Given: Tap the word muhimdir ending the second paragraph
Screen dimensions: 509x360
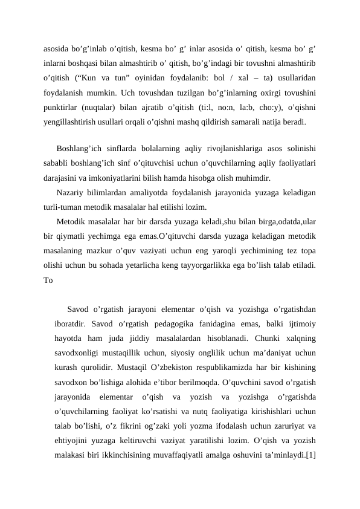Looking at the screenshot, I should click(256, 178).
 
